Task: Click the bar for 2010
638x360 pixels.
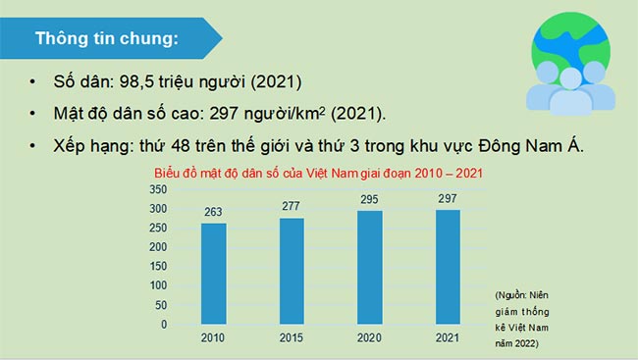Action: (214, 274)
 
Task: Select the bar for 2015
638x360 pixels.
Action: (292, 271)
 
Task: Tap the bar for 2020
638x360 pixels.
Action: (369, 267)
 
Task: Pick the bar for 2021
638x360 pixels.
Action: (448, 267)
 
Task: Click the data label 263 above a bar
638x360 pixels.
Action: (214, 212)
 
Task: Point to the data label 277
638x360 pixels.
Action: (292, 206)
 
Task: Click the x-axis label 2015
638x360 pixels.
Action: (292, 338)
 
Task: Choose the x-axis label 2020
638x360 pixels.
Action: (369, 338)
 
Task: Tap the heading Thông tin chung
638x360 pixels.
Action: (107, 40)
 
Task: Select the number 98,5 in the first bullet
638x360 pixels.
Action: (139, 81)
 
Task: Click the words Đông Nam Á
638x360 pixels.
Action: (533, 145)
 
